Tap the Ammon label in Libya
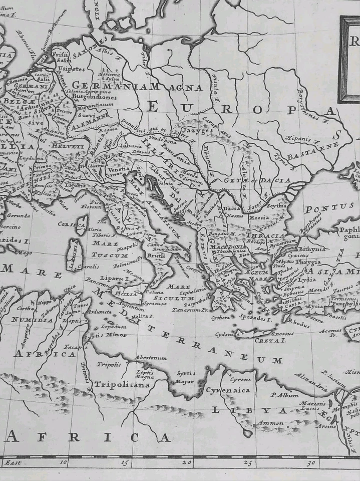(269, 423)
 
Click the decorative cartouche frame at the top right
(349, 59)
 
